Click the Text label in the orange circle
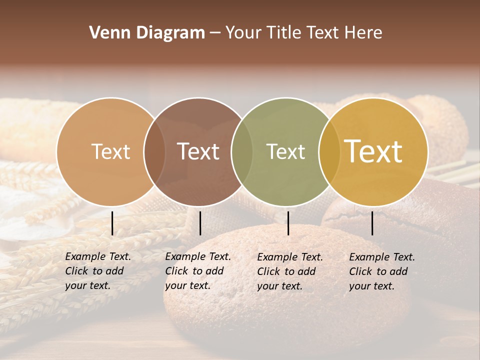click(x=110, y=151)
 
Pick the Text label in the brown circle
click(x=198, y=151)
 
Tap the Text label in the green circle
click(x=285, y=151)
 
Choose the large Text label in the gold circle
click(x=373, y=151)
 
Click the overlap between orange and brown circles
click(x=154, y=152)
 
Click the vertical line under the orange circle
click(x=112, y=223)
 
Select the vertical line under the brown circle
click(x=200, y=223)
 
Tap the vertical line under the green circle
click(x=288, y=223)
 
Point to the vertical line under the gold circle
click(x=372, y=223)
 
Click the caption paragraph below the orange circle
click(x=97, y=271)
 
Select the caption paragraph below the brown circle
click(x=197, y=271)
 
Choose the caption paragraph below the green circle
click(x=289, y=271)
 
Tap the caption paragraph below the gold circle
click(x=381, y=271)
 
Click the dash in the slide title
click(x=215, y=33)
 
